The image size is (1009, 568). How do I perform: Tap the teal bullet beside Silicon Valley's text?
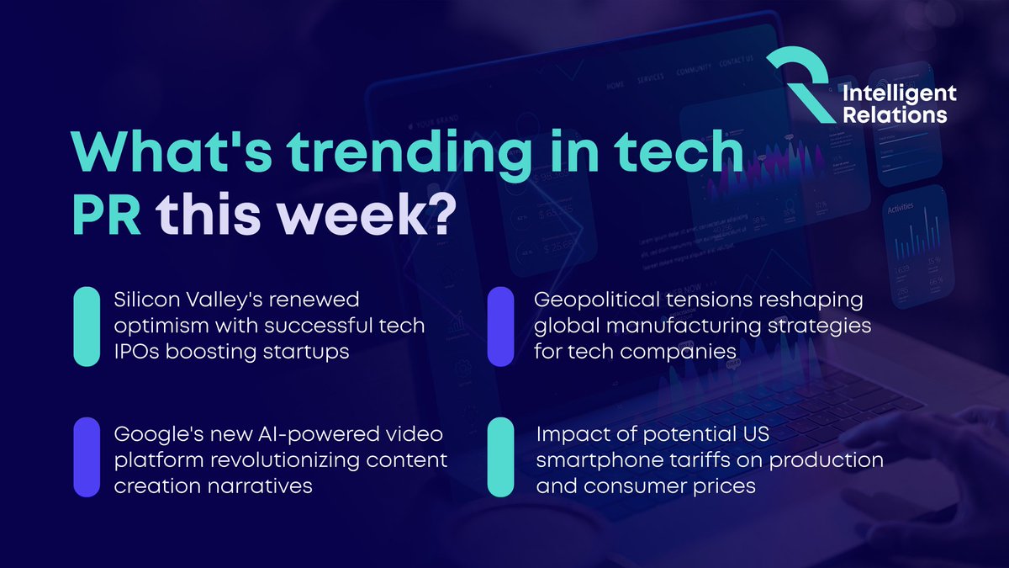pyautogui.click(x=87, y=326)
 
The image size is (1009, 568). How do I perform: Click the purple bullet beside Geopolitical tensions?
pyautogui.click(x=501, y=326)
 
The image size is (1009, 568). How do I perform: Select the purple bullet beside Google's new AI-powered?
pyautogui.click(x=87, y=456)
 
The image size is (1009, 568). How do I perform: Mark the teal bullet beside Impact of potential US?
pyautogui.click(x=501, y=456)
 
